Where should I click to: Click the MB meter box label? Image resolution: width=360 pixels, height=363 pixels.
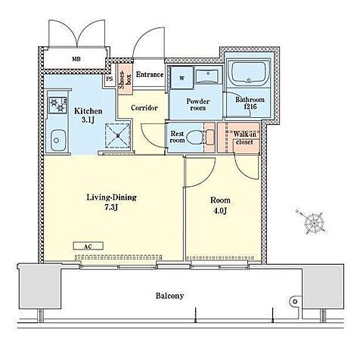tap(76, 59)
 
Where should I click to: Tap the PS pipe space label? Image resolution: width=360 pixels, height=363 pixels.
tap(110, 79)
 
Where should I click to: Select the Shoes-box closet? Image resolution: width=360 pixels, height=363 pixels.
tap(126, 79)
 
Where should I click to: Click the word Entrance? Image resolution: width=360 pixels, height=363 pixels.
tap(150, 75)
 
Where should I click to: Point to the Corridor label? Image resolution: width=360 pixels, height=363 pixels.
tap(144, 108)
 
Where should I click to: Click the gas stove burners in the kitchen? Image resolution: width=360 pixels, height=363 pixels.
tap(57, 105)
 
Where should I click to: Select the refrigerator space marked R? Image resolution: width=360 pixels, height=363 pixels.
tap(118, 135)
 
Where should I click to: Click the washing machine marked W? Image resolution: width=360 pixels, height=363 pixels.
tap(182, 78)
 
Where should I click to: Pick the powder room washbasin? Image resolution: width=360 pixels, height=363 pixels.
tap(207, 76)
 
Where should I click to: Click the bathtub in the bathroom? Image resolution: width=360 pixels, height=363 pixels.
tap(249, 73)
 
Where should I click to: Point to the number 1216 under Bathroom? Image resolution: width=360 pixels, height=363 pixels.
tap(250, 107)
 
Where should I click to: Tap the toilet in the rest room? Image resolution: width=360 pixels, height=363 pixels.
tap(195, 137)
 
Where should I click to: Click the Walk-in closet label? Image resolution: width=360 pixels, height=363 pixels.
tap(244, 138)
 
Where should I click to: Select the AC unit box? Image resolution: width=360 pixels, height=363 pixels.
tap(88, 246)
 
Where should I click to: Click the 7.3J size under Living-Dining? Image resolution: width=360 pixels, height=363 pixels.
tap(111, 207)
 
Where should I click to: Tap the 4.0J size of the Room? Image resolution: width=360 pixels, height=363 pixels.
tap(220, 211)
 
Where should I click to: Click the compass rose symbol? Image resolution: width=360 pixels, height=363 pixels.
tap(314, 222)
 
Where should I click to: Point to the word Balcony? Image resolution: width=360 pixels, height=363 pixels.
tap(169, 296)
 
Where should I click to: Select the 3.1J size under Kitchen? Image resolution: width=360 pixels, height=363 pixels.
tap(88, 119)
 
